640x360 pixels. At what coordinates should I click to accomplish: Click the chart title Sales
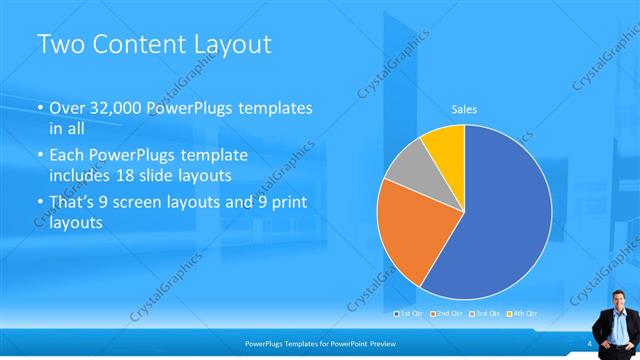pyautogui.click(x=464, y=107)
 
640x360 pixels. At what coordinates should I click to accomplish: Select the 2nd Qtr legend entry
pyautogui.click(x=449, y=315)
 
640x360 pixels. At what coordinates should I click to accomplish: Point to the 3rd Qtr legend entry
pyautogui.click(x=485, y=315)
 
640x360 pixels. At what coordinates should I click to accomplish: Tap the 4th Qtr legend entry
pyautogui.click(x=521, y=315)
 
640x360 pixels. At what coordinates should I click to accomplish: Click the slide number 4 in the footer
pyautogui.click(x=590, y=342)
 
